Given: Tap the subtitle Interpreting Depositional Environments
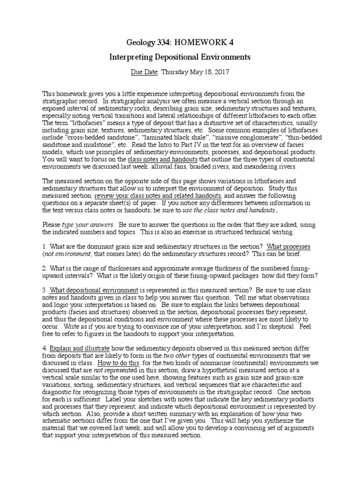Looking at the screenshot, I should click(180, 57).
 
